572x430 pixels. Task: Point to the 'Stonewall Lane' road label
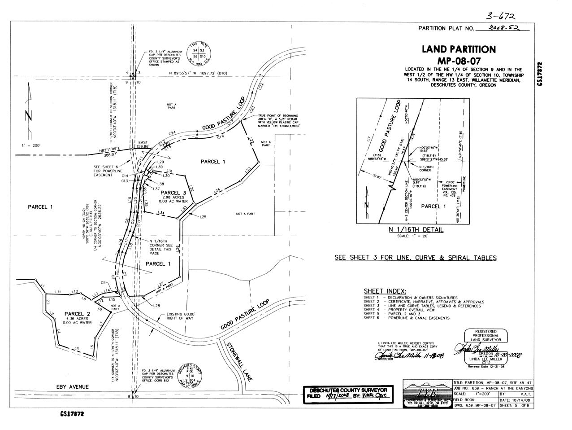coord(237,362)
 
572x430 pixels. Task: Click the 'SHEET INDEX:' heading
coord(385,290)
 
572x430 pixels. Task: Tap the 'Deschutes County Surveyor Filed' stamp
coord(349,394)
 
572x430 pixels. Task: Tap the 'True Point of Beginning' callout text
coord(278,121)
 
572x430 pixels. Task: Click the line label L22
coord(251,142)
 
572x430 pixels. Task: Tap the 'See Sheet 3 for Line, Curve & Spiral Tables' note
coord(415,258)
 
